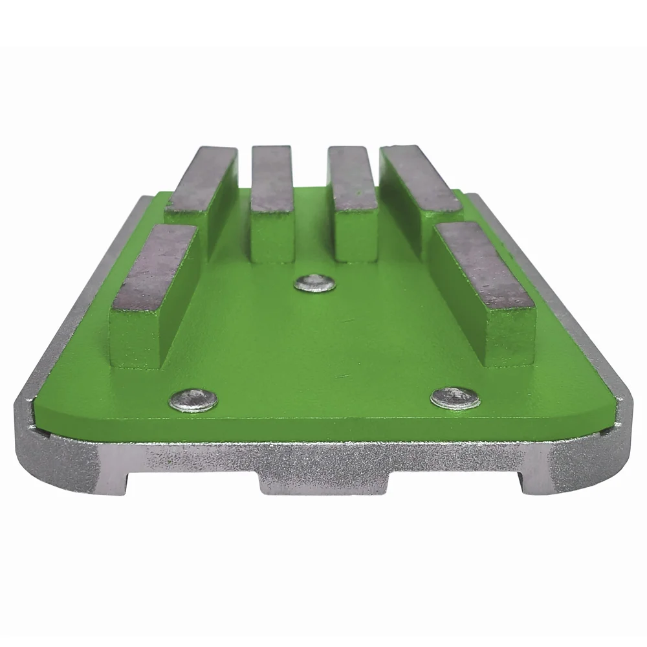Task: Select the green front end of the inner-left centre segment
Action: [x=272, y=236]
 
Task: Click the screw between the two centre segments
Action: [x=314, y=283]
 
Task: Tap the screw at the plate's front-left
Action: [x=193, y=399]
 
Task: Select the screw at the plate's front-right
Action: [x=455, y=397]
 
